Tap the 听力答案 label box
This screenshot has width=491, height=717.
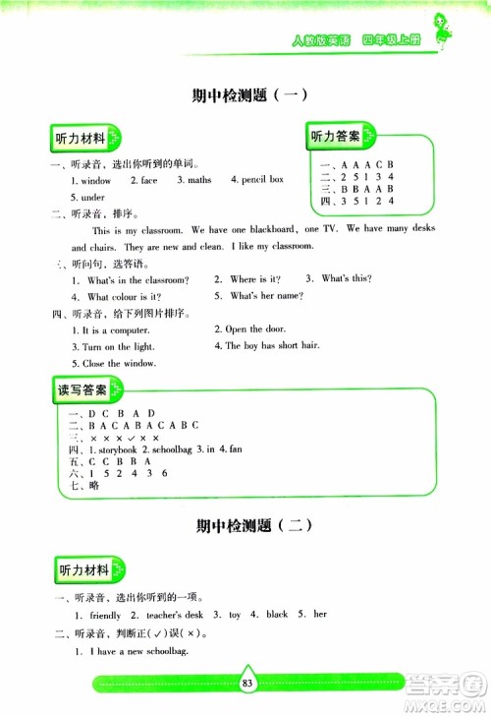pos(334,136)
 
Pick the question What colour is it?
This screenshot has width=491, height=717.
pos(124,296)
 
